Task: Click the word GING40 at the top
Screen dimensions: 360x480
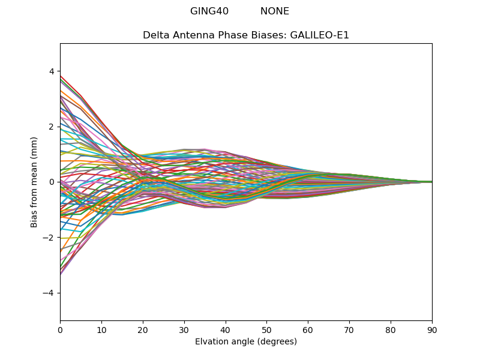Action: coord(209,11)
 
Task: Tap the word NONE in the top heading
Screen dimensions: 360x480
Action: coord(275,11)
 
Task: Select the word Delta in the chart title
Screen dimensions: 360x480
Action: coord(155,35)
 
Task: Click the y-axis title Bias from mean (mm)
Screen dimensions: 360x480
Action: coord(34,182)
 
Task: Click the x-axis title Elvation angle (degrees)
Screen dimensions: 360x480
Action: coord(246,341)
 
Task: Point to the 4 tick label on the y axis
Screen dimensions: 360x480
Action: coord(52,71)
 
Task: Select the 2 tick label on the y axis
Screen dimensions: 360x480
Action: coord(52,127)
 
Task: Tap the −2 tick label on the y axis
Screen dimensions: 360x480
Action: coord(49,238)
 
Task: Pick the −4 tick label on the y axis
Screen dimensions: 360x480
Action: coord(49,293)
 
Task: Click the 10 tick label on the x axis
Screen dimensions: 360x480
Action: coord(101,329)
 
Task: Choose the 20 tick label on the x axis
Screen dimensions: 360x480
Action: coord(143,329)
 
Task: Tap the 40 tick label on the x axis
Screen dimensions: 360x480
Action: coord(226,329)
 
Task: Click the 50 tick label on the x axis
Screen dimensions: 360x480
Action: coord(266,329)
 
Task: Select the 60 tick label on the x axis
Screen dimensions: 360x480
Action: coord(308,329)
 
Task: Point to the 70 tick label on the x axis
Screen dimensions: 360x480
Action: coord(349,329)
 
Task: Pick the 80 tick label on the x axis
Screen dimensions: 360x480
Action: coord(391,329)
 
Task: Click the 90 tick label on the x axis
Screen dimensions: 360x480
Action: coord(432,329)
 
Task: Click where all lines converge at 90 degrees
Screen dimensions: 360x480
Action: coord(431,182)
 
